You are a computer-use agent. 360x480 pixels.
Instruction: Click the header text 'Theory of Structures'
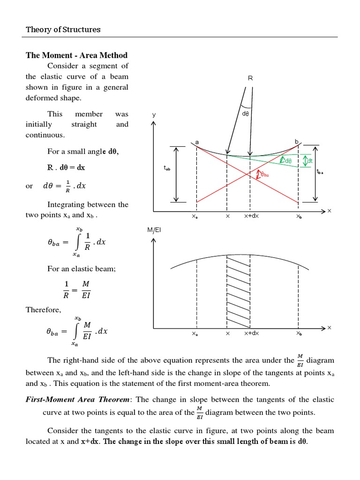point(63,30)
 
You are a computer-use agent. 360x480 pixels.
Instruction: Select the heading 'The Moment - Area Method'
point(76,55)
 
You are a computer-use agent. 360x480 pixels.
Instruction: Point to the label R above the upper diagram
point(250,79)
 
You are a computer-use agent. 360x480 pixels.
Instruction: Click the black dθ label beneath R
point(246,113)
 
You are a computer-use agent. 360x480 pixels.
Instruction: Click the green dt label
point(309,161)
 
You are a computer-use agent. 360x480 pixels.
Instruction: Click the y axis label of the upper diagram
point(153,115)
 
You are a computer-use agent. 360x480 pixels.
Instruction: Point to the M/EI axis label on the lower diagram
point(154,230)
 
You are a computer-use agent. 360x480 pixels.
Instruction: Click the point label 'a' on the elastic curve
point(197,141)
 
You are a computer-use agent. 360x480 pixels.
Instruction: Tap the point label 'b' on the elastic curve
point(296,141)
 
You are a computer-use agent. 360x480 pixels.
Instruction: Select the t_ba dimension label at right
point(321,172)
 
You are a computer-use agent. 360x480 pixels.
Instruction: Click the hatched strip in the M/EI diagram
point(239,291)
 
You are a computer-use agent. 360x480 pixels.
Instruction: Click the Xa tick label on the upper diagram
point(195,217)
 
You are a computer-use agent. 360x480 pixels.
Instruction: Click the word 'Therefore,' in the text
point(43,310)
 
